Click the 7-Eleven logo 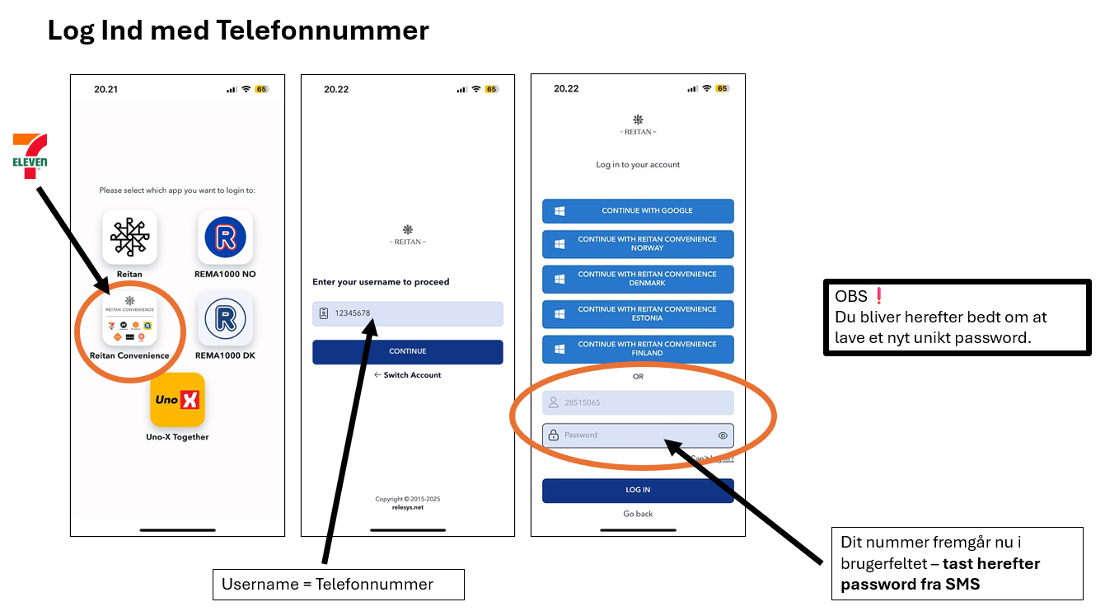point(30,156)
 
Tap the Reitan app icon point(129,237)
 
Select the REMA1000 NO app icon point(225,237)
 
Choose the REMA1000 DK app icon point(225,318)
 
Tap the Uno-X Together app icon point(177,400)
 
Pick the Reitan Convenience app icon point(129,318)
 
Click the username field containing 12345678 point(407,313)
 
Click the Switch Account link point(408,375)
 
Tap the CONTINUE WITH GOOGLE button point(638,211)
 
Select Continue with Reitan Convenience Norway point(638,243)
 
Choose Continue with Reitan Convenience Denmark point(638,279)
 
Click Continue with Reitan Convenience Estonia point(638,313)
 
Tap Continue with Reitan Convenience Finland point(638,349)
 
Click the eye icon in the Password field point(723,435)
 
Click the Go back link point(638,514)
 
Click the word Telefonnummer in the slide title point(322,31)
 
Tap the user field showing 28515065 point(638,402)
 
